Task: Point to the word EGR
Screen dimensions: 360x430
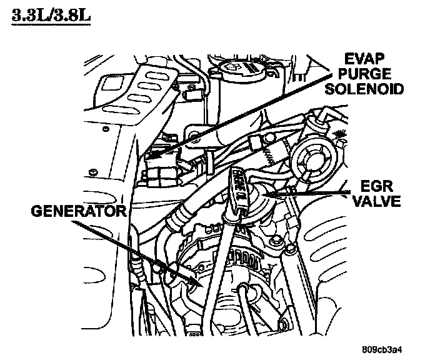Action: pos(376,186)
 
